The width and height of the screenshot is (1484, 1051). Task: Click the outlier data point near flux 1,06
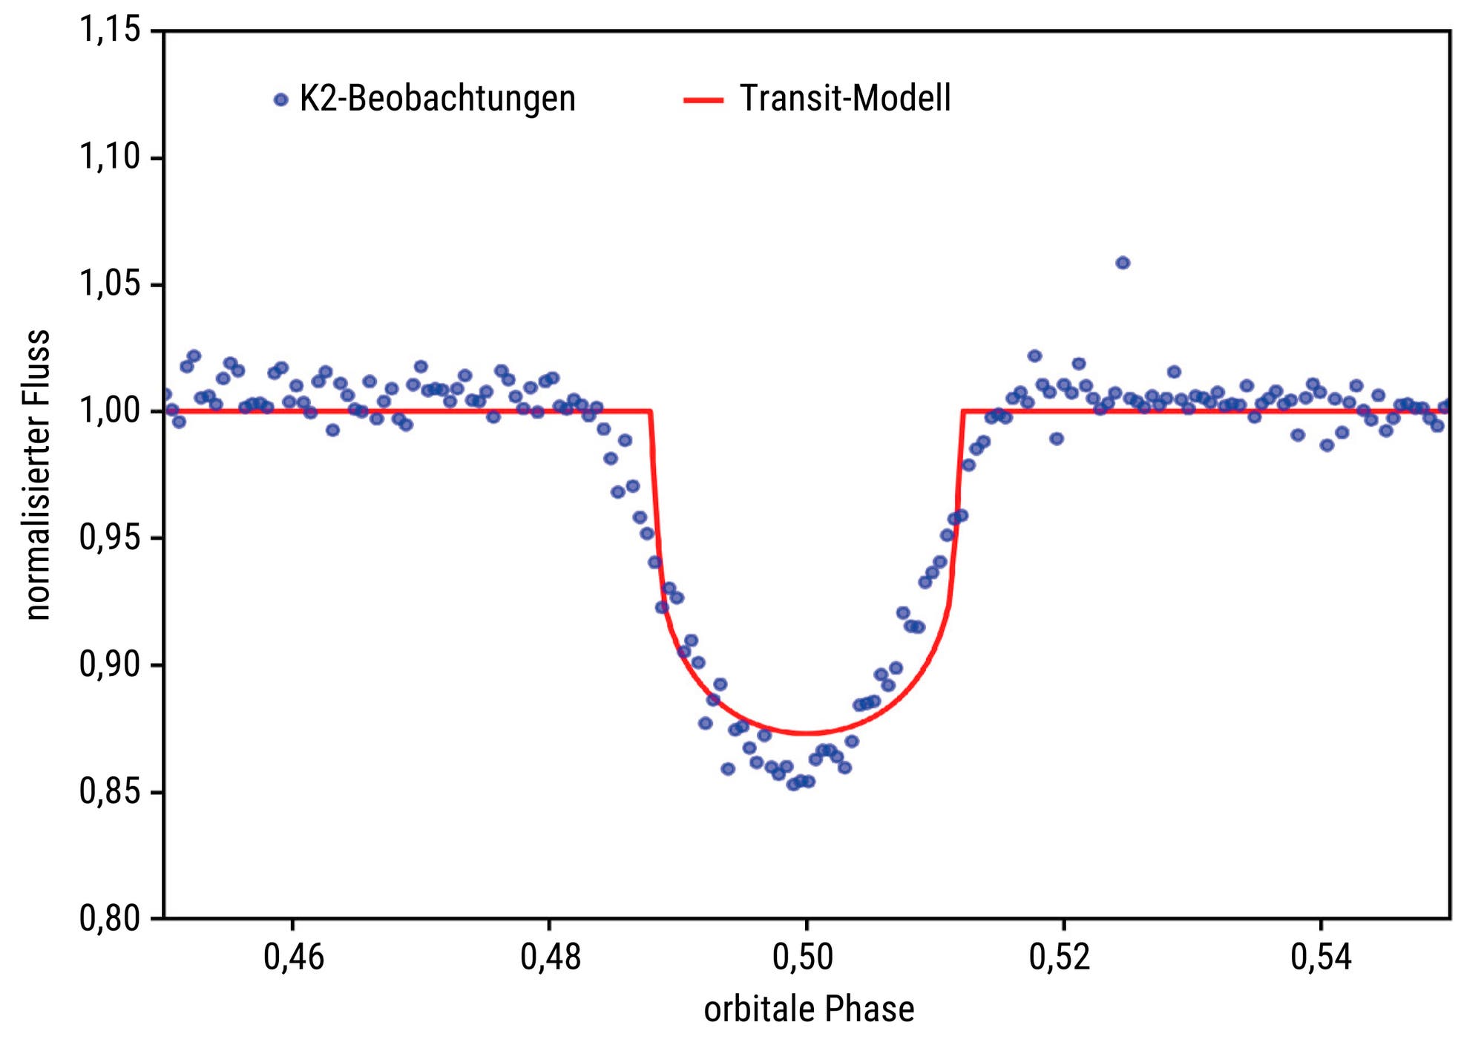[x=1123, y=263]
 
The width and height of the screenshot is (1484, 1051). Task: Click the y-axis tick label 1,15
[x=110, y=30]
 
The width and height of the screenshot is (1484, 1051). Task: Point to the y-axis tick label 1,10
[x=110, y=157]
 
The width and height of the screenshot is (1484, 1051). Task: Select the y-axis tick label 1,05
[x=110, y=284]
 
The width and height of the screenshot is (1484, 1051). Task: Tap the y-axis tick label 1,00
[x=110, y=411]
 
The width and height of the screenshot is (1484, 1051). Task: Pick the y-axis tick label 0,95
[x=110, y=538]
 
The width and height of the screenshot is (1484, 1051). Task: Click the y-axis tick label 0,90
[x=110, y=665]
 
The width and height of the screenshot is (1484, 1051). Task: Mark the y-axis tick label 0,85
[x=110, y=792]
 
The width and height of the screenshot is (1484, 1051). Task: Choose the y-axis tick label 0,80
[x=110, y=919]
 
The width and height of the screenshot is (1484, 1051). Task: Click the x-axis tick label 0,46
[x=294, y=957]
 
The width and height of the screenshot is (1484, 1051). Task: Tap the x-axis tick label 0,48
[x=550, y=957]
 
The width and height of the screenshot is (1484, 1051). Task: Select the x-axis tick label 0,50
[x=807, y=957]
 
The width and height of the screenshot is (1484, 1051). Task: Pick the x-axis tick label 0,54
[x=1321, y=957]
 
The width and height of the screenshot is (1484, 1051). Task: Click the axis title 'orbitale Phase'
[x=809, y=1010]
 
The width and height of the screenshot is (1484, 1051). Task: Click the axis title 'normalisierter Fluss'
[x=37, y=475]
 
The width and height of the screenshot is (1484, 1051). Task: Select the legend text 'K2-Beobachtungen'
[x=437, y=99]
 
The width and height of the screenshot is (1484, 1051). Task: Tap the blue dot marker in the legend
[x=280, y=99]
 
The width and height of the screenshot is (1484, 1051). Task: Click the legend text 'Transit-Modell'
[x=845, y=99]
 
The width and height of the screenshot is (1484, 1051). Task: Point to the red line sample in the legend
[x=703, y=99]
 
